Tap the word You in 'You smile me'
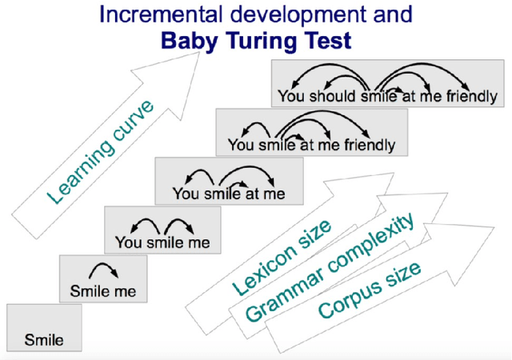129,242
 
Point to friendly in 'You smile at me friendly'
367,146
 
